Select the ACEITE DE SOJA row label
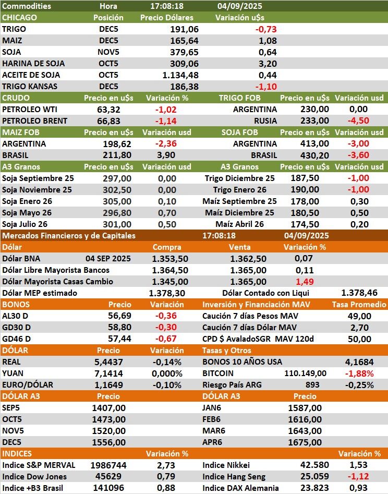coord(31,75)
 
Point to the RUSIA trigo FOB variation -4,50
coord(359,121)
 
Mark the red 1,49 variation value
coord(305,281)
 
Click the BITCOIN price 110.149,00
coord(306,373)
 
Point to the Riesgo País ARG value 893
coord(312,384)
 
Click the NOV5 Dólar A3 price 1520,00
coord(108,430)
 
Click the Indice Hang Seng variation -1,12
coord(359,476)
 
